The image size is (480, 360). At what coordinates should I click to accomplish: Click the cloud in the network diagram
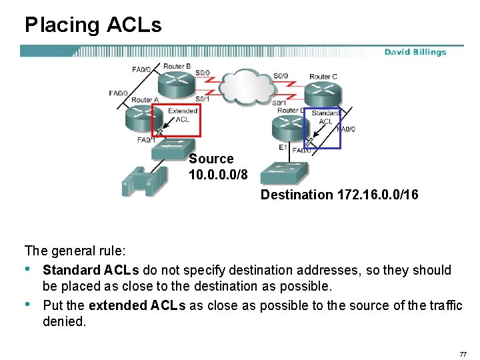(x=244, y=85)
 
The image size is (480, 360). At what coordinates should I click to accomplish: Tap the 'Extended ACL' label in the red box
(x=182, y=115)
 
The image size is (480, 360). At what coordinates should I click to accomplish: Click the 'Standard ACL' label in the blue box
(x=326, y=117)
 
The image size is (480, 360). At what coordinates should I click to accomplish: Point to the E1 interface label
(x=283, y=147)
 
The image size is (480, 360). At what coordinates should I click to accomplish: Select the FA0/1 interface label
(x=146, y=140)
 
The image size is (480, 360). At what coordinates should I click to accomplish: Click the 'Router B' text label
(x=177, y=67)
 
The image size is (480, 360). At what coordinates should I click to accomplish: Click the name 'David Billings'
(x=415, y=52)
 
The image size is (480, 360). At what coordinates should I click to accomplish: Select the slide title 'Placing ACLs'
(x=93, y=25)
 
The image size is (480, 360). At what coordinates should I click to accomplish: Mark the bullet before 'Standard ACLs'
(x=29, y=270)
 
